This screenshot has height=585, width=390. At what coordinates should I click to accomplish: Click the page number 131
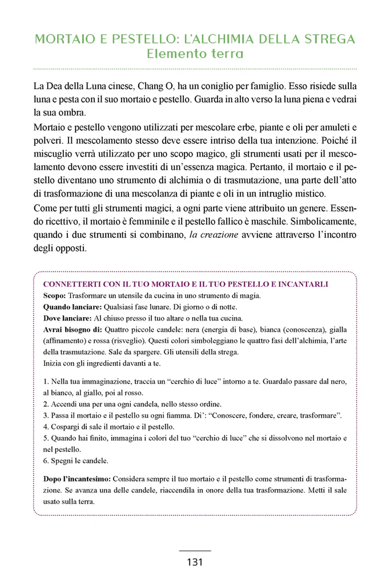[195, 562]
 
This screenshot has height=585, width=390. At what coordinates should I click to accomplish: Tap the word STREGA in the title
[327, 39]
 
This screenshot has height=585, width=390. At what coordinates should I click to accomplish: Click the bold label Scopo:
[55, 295]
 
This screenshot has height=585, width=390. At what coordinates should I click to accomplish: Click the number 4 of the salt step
[45, 427]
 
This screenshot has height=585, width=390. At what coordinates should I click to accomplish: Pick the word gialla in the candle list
[336, 330]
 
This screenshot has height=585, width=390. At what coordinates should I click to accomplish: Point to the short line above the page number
[195, 550]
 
